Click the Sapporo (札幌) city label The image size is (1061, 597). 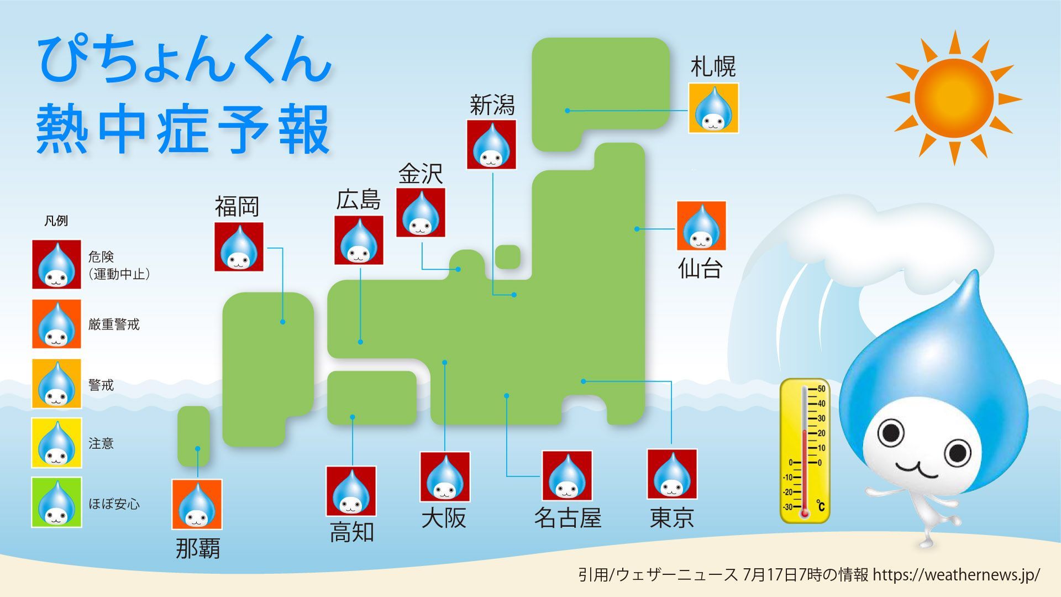click(x=713, y=67)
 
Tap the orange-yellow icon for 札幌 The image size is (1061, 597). click(x=713, y=108)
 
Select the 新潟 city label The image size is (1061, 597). click(x=492, y=105)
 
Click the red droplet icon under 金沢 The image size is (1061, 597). click(x=421, y=213)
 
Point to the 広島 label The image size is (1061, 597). click(x=358, y=200)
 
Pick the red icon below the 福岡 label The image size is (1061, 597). click(x=239, y=247)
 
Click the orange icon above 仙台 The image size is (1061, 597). click(x=701, y=226)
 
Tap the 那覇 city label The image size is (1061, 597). click(x=198, y=548)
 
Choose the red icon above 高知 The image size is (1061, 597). click(x=351, y=491)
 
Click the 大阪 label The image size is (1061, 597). click(x=444, y=518)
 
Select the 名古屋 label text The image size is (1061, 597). click(x=567, y=518)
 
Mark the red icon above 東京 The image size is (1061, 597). click(x=672, y=474)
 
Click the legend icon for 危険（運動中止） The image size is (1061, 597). click(x=56, y=264)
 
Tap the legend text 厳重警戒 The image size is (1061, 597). click(x=114, y=324)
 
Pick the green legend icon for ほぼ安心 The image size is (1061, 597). click(x=56, y=502)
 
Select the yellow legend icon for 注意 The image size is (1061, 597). click(x=56, y=443)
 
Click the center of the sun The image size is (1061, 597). click(x=954, y=98)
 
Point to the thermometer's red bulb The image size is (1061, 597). click(x=805, y=513)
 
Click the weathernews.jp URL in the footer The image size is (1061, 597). click(x=956, y=575)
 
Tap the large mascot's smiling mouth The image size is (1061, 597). click(x=917, y=470)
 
